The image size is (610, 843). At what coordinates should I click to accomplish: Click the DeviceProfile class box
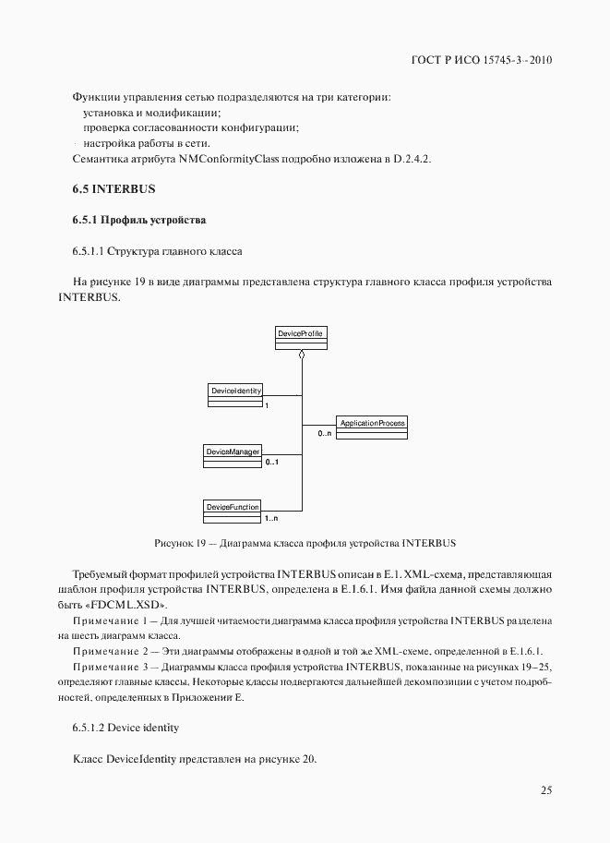tap(301, 338)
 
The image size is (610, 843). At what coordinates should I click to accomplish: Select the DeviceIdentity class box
tap(236, 394)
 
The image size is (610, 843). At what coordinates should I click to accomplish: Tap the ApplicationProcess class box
tap(370, 427)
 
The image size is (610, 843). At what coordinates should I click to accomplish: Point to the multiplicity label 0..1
tap(271, 463)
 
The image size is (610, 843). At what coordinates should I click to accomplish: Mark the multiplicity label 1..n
tap(271, 519)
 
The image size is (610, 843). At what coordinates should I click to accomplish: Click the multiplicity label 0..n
tap(324, 433)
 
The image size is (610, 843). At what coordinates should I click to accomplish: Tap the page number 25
tap(545, 789)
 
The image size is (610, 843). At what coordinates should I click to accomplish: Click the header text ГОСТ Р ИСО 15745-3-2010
tap(482, 61)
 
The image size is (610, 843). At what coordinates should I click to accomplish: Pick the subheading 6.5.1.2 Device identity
tap(126, 729)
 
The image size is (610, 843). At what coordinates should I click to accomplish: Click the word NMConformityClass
tap(229, 159)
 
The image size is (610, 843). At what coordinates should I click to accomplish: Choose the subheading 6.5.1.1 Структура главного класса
tap(157, 250)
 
